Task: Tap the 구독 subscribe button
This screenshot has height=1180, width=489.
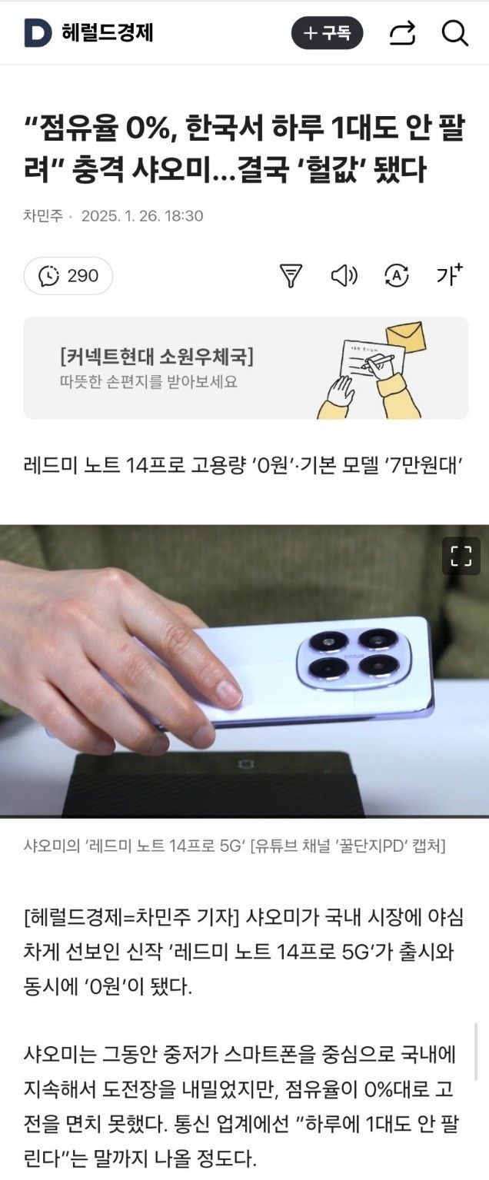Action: click(x=328, y=33)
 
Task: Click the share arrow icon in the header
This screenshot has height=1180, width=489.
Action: click(x=403, y=33)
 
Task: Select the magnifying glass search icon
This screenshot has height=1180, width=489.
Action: click(x=454, y=33)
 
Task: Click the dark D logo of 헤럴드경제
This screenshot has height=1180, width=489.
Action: click(x=38, y=33)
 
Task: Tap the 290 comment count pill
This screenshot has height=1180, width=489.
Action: click(x=68, y=275)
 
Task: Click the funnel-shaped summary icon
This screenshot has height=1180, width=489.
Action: click(x=291, y=275)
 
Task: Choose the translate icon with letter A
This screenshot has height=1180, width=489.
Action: click(x=397, y=275)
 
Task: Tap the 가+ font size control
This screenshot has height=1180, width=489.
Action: click(x=450, y=274)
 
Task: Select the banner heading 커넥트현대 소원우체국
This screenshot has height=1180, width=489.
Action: click(x=157, y=357)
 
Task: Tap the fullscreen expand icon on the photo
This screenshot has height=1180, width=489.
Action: click(x=461, y=556)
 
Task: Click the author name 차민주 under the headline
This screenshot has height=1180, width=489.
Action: click(x=43, y=216)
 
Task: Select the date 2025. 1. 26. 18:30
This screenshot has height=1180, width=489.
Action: click(x=142, y=216)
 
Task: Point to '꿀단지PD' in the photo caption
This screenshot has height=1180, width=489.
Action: click(x=368, y=846)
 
